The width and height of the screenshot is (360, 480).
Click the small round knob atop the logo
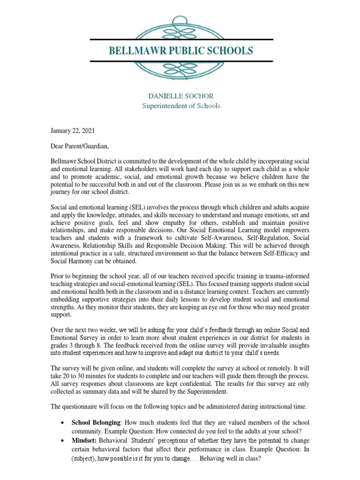coord(180,21)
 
